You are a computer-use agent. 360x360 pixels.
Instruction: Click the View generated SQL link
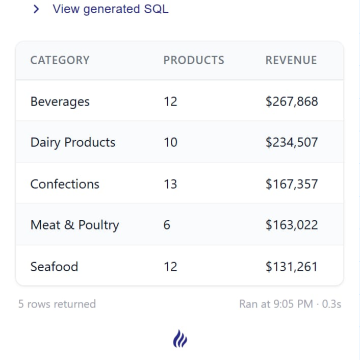tap(110, 9)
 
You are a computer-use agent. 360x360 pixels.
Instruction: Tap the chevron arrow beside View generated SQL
tap(36, 9)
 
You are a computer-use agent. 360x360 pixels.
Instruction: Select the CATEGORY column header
tap(60, 60)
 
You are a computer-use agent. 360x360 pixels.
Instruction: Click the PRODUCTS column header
tap(194, 60)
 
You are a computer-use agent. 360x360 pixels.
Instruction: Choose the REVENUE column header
tap(291, 60)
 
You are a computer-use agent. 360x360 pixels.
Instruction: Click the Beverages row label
tap(60, 101)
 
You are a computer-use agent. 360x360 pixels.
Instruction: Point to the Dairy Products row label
tap(73, 142)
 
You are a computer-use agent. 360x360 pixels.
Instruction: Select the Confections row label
tap(65, 184)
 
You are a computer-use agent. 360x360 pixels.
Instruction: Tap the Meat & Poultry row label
tap(74, 225)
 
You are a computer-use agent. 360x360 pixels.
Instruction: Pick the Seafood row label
tap(54, 266)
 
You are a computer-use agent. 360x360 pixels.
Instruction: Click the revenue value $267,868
tap(292, 101)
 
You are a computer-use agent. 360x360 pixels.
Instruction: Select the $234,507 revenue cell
tap(292, 142)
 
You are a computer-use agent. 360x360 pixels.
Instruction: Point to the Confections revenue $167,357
tap(292, 184)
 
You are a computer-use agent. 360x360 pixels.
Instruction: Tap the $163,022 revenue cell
tap(292, 225)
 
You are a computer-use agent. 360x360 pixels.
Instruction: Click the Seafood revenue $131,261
tap(292, 266)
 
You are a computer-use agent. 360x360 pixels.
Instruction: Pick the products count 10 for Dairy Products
tap(170, 142)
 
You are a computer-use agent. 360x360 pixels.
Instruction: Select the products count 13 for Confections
tap(170, 184)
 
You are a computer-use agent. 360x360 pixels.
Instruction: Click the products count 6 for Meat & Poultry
tap(167, 225)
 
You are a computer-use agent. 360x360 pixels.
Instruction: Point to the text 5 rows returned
tap(57, 304)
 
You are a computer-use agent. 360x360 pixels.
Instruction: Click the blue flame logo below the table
tap(180, 339)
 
